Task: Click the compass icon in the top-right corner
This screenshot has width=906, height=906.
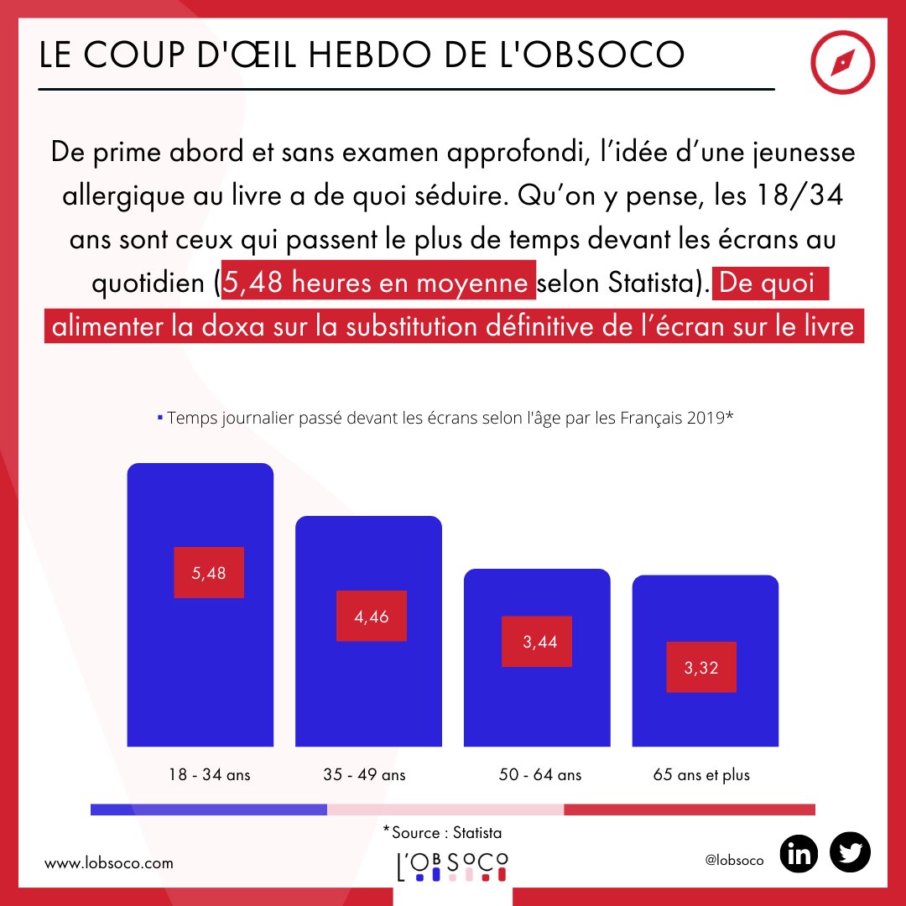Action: (x=843, y=65)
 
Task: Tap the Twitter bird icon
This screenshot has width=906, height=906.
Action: (x=850, y=854)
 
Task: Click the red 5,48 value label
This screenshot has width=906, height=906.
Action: (x=209, y=573)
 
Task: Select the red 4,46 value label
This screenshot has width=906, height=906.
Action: (x=372, y=617)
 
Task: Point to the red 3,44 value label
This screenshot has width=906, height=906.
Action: (x=537, y=642)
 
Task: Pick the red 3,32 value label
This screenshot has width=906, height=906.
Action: (x=701, y=668)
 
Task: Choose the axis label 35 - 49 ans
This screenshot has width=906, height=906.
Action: (x=364, y=774)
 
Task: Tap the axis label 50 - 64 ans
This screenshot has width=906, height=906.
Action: (x=539, y=774)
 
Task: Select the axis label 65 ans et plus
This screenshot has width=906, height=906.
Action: (x=701, y=774)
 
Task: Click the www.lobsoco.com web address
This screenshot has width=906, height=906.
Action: (x=108, y=862)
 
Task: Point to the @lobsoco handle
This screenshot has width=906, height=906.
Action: (x=735, y=862)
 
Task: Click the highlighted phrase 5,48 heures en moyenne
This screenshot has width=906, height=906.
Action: (x=377, y=283)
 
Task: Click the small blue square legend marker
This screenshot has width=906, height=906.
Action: (x=160, y=417)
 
